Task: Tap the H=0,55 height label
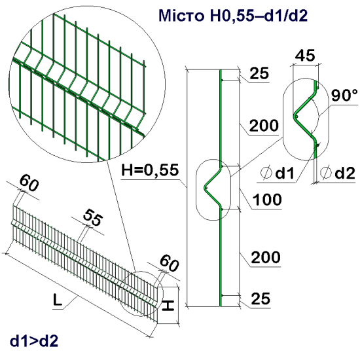pos(150,171)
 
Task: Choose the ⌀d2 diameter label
pos(339,173)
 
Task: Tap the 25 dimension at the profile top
pos(259,75)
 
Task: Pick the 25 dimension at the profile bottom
pos(259,300)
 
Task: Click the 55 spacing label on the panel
pos(92,219)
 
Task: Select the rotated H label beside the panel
pos(168,306)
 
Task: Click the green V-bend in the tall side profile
pos(213,186)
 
